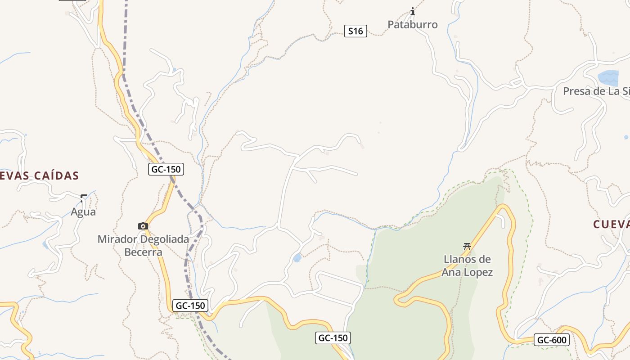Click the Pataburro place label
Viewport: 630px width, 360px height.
pyautogui.click(x=412, y=25)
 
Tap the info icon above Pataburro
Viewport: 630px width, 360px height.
pyautogui.click(x=413, y=11)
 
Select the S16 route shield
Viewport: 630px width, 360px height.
pyautogui.click(x=355, y=31)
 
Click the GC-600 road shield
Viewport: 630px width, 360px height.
pyautogui.click(x=552, y=340)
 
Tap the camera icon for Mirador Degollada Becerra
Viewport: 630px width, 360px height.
pyautogui.click(x=143, y=226)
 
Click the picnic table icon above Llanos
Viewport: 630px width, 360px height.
pyautogui.click(x=467, y=246)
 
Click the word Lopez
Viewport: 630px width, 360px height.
pyautogui.click(x=479, y=272)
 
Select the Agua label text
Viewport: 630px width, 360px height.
pyautogui.click(x=83, y=212)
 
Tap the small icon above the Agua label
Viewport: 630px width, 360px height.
pyautogui.click(x=84, y=198)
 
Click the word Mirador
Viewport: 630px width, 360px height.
pyautogui.click(x=117, y=239)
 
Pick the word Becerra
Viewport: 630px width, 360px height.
pyautogui.click(x=143, y=252)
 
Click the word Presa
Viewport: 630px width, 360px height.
pyautogui.click(x=576, y=91)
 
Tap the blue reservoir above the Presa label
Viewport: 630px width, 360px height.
pyautogui.click(x=608, y=78)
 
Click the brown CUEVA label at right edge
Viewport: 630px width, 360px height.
pyautogui.click(x=611, y=225)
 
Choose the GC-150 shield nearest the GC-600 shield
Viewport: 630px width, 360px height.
pyautogui.click(x=333, y=338)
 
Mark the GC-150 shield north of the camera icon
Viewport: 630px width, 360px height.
pyautogui.click(x=166, y=169)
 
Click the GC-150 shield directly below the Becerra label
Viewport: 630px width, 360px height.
pyautogui.click(x=190, y=306)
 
